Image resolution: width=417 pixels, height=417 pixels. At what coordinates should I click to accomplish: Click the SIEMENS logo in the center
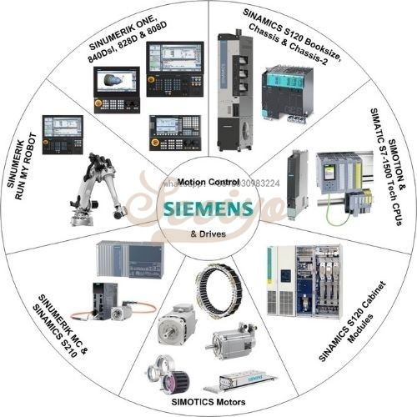pos(208,207)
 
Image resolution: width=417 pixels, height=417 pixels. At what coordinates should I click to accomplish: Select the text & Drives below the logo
pos(208,233)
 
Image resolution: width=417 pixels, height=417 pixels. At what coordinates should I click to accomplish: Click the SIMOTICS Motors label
pos(206,400)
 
